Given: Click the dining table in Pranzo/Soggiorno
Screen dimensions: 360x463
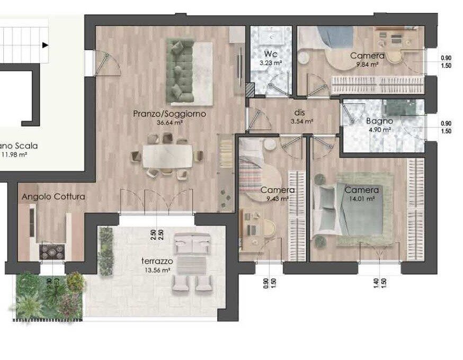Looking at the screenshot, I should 168,156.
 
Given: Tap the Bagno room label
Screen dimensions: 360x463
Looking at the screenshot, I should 379,121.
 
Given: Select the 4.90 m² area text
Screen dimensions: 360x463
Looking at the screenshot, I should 379,129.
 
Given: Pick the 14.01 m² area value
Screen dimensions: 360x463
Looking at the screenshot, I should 362,199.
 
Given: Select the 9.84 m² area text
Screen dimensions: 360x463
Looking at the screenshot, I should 367,65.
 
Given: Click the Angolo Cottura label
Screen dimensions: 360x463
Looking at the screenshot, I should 53,196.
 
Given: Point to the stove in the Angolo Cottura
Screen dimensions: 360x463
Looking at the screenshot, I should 52,250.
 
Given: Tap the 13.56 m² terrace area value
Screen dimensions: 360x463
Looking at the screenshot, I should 157,270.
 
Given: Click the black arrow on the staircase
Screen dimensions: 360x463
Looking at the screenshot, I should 45,46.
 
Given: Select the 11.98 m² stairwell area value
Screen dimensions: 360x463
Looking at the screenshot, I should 14,155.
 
